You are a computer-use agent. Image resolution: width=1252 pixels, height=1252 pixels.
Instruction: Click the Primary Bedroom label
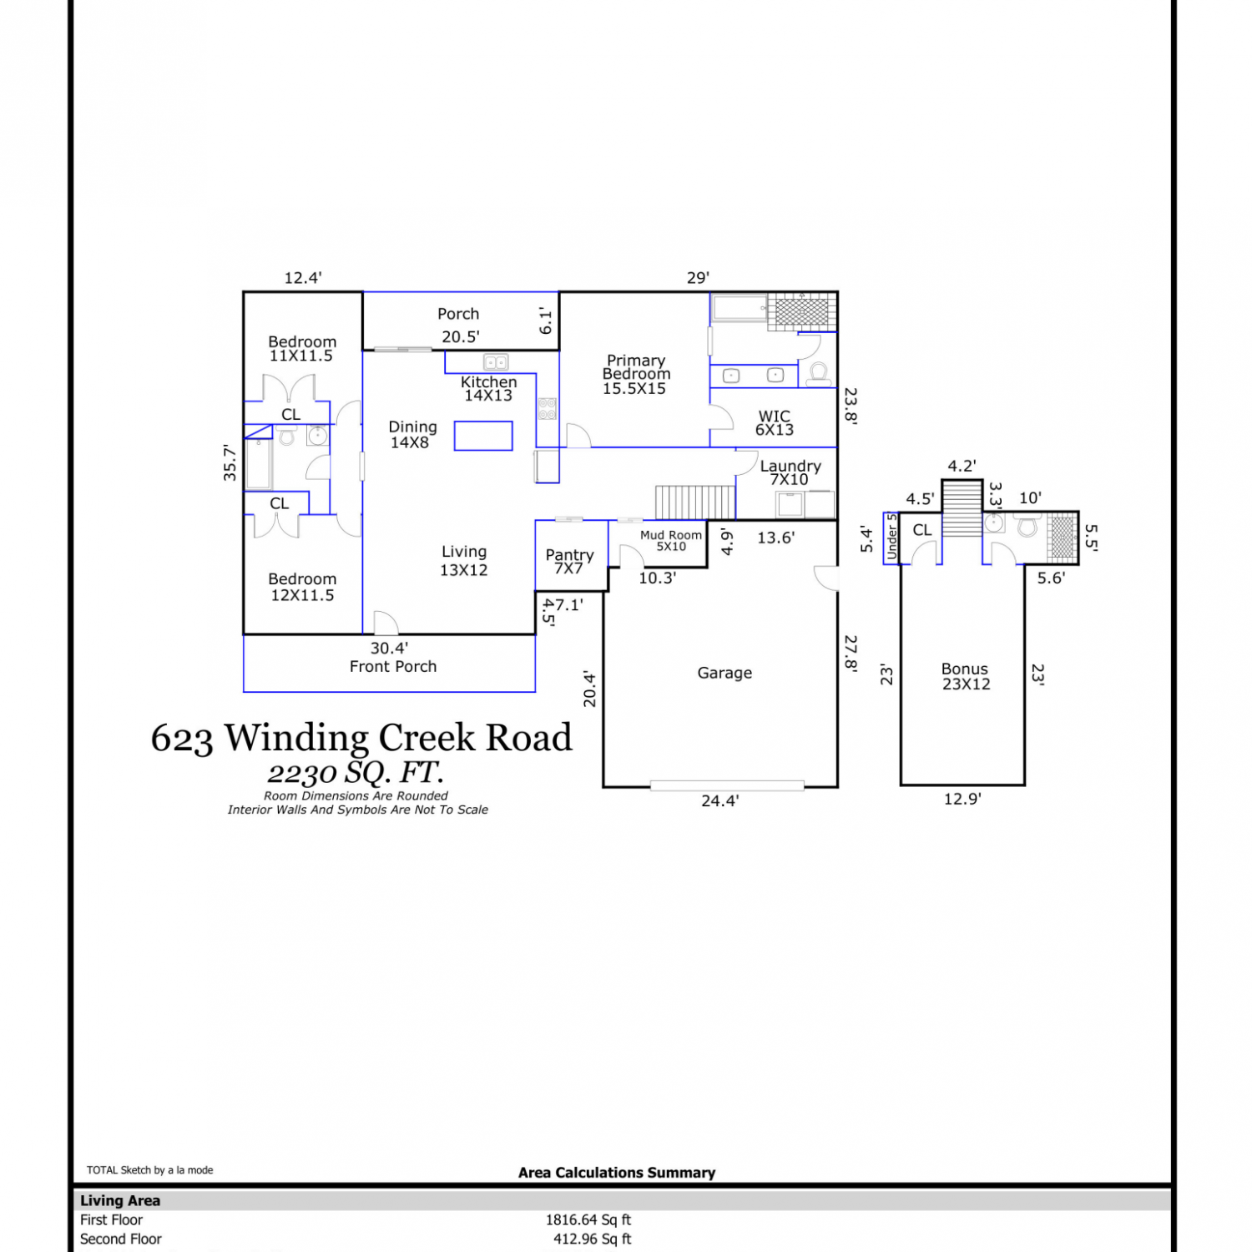click(x=636, y=374)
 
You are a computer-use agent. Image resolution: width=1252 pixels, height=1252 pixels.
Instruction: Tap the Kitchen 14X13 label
click(x=489, y=388)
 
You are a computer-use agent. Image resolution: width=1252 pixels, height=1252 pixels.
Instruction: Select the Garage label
click(x=724, y=673)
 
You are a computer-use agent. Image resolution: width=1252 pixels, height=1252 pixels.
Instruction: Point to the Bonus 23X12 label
click(x=966, y=676)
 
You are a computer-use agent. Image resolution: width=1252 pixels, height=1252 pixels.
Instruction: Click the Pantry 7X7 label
click(x=569, y=561)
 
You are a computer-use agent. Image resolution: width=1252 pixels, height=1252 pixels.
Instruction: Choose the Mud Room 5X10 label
click(x=671, y=540)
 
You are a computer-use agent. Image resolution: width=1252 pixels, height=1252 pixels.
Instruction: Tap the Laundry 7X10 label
click(x=790, y=472)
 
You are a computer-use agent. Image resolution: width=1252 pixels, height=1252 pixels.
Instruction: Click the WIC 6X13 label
click(x=775, y=422)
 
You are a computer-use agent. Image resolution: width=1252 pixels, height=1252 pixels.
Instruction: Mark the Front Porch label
click(x=393, y=666)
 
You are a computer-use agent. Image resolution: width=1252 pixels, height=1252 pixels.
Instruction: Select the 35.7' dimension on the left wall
click(x=230, y=462)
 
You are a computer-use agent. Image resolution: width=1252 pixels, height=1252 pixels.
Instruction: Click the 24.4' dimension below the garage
click(x=720, y=800)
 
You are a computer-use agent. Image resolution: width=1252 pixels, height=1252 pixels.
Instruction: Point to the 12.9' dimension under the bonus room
click(x=962, y=799)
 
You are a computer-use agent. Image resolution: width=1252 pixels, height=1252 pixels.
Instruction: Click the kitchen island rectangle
click(x=483, y=436)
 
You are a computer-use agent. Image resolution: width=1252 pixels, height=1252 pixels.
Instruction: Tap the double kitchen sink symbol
click(x=497, y=362)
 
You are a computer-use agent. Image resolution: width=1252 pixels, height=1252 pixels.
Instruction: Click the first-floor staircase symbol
click(x=695, y=502)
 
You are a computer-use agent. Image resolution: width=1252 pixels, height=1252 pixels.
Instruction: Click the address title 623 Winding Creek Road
click(x=361, y=738)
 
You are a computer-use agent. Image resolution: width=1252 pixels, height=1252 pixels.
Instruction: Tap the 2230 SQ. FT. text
click(x=356, y=773)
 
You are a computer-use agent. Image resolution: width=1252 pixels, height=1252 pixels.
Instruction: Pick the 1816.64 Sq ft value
click(x=588, y=1219)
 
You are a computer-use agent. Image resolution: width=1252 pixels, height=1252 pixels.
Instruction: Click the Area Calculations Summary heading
click(x=617, y=1173)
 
